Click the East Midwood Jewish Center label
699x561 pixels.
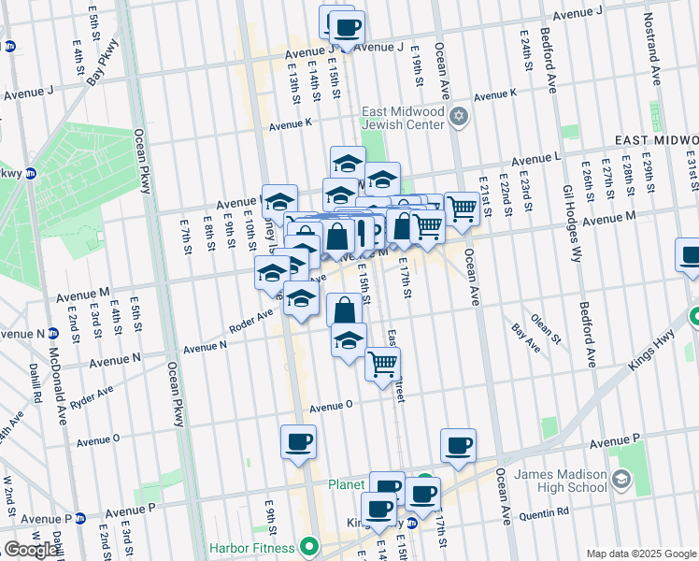click(x=403, y=118)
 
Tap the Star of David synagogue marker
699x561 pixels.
click(x=458, y=117)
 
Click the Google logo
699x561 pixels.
click(x=31, y=550)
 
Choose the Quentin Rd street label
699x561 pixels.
click(x=543, y=512)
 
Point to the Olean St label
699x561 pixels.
click(x=545, y=328)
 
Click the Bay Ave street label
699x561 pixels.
click(x=526, y=338)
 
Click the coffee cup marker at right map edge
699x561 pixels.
click(x=689, y=255)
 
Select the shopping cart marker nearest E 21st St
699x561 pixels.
click(x=461, y=209)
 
